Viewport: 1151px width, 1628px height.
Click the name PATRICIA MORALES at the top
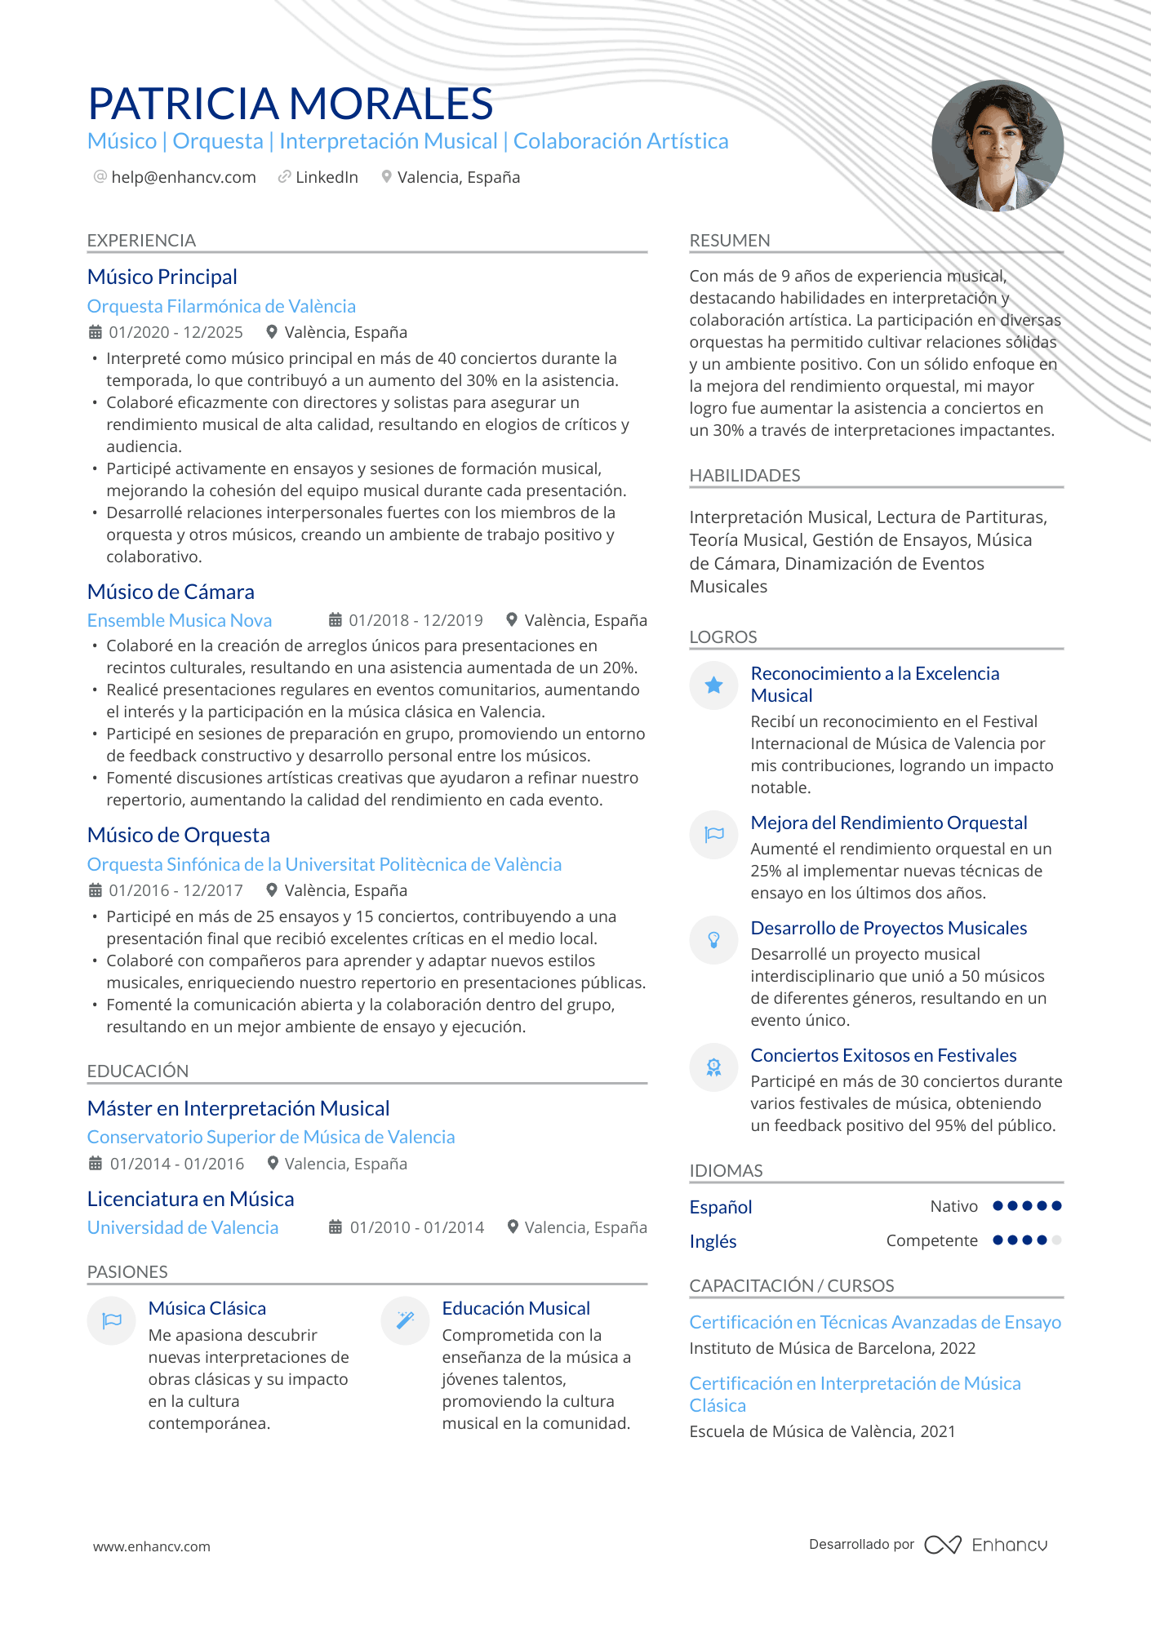291,104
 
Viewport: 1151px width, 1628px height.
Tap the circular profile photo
998,146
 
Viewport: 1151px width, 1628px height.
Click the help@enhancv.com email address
184,177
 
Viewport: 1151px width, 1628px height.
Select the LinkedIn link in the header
327,177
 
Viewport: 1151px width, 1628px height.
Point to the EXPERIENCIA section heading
141,241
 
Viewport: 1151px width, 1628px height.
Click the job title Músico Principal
162,277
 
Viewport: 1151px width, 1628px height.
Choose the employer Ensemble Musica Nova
180,620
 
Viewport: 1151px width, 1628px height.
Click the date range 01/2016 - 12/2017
176,890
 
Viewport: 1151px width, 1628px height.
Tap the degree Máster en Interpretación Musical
238,1108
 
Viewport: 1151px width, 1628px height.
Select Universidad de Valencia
183,1227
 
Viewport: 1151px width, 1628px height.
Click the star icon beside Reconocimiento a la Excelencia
713,685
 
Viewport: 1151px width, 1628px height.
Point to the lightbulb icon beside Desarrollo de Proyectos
713,940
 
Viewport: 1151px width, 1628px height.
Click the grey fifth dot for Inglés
1057,1240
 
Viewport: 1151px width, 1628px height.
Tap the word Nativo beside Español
953,1206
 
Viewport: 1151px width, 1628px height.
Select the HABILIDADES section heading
744,476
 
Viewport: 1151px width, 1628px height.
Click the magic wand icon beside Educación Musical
405,1320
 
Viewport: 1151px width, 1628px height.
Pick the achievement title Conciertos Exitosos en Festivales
883,1055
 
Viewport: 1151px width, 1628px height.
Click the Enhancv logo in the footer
986,1545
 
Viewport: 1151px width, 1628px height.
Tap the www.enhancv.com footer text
152,1546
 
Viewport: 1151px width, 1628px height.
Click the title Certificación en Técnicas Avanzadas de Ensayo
875,1322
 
